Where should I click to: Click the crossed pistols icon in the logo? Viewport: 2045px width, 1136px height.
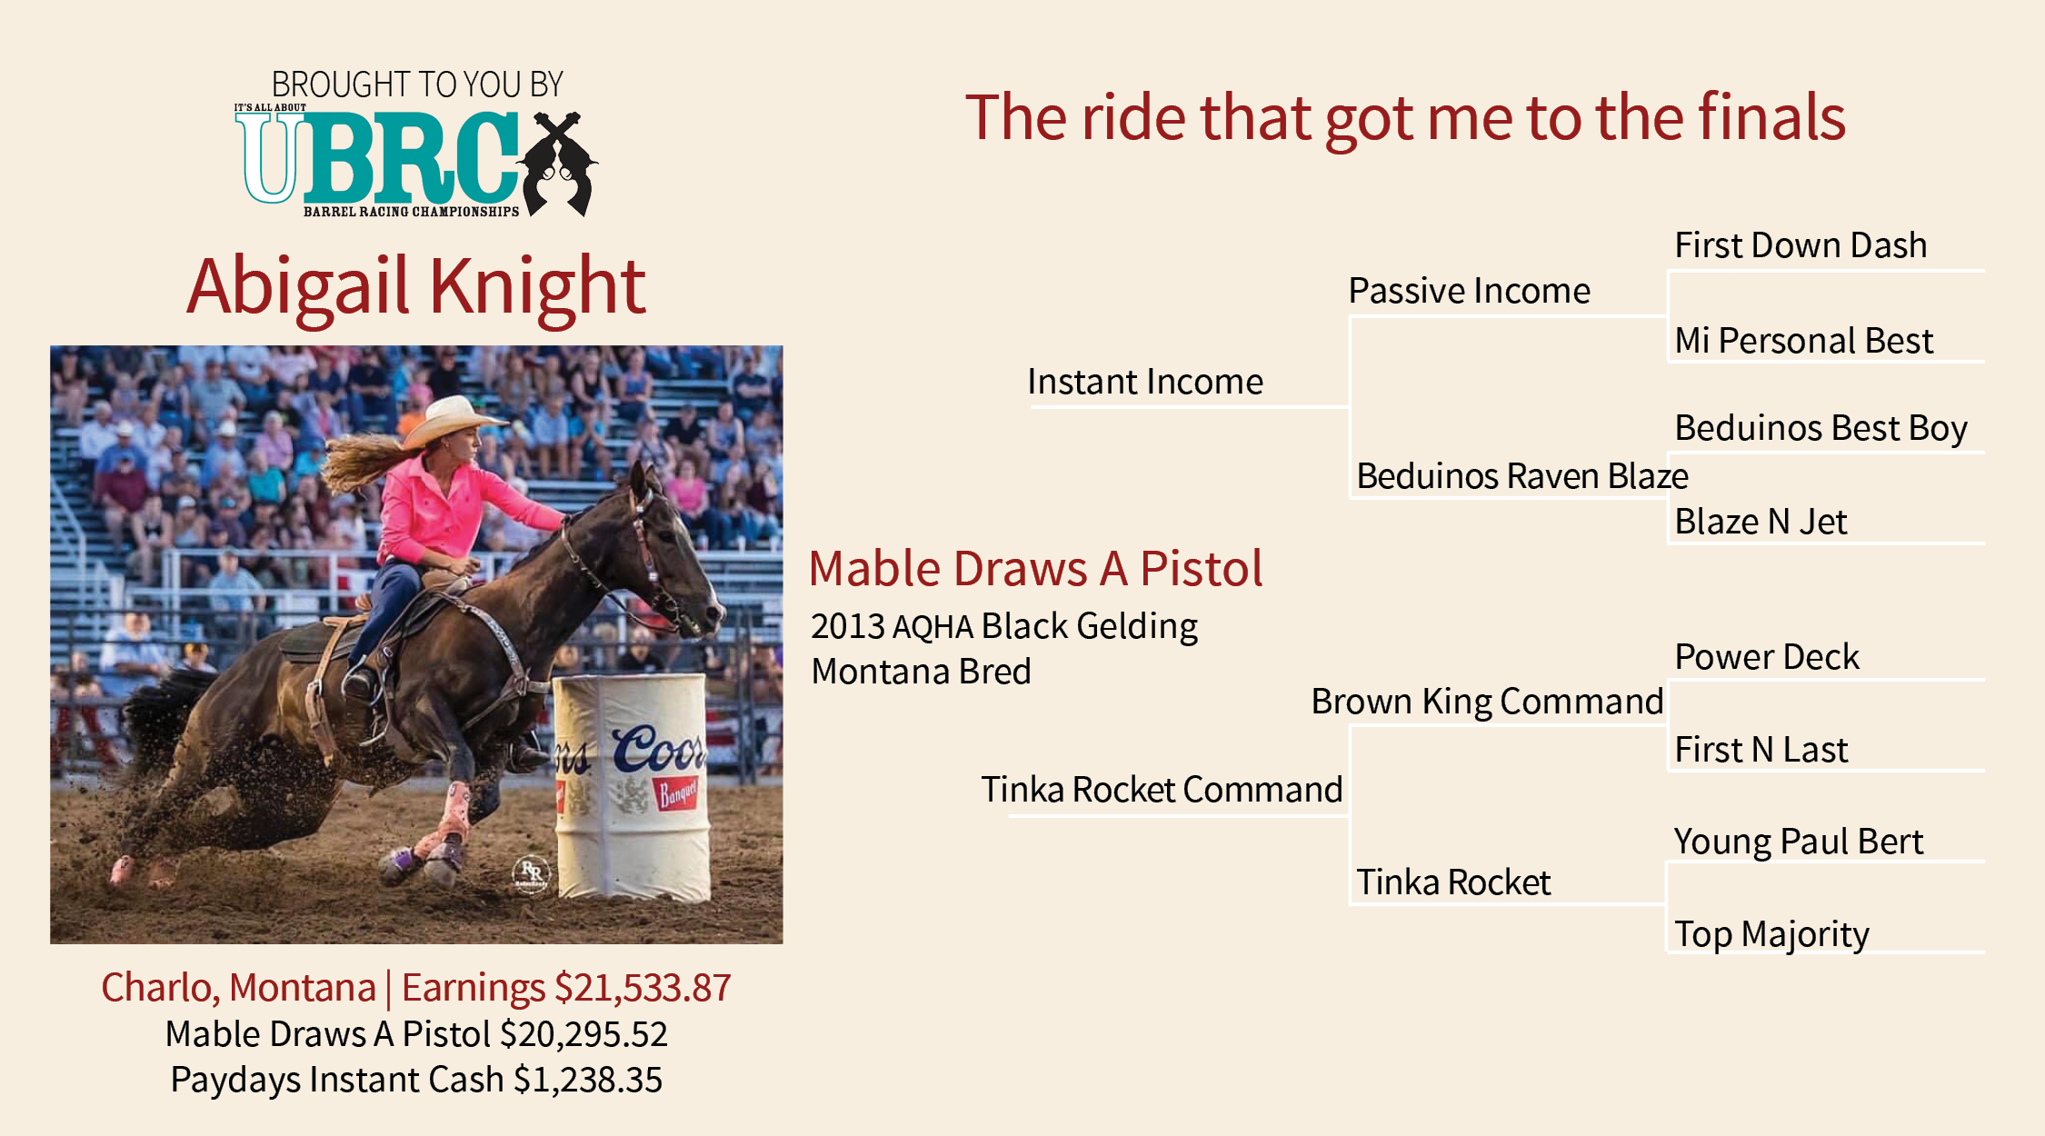tap(556, 164)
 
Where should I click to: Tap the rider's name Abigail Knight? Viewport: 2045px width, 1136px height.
tap(416, 287)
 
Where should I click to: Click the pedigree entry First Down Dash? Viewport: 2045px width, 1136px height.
tap(1801, 245)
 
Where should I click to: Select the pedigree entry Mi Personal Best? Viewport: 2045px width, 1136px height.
tap(1803, 341)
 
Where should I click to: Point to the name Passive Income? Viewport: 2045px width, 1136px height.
tap(1469, 291)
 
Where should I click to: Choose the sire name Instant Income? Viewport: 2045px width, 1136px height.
tap(1145, 382)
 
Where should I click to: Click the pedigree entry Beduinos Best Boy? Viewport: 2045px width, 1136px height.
tap(1821, 429)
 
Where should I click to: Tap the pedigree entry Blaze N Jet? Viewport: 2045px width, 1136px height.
tap(1761, 522)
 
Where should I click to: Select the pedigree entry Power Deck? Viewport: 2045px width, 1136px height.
tap(1767, 657)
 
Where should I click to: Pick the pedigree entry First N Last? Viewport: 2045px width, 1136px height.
tap(1761, 750)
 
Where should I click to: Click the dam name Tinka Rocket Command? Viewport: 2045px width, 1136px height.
tap(1162, 790)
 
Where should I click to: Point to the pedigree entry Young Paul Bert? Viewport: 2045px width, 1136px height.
tap(1799, 842)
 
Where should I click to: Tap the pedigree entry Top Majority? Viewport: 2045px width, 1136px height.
tap(1771, 935)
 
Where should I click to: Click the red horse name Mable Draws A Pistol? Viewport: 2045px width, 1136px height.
tap(1035, 569)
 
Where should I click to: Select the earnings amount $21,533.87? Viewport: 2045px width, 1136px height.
tap(643, 988)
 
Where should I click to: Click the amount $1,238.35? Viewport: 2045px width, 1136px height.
tap(588, 1080)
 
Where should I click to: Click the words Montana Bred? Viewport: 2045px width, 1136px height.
tap(921, 672)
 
